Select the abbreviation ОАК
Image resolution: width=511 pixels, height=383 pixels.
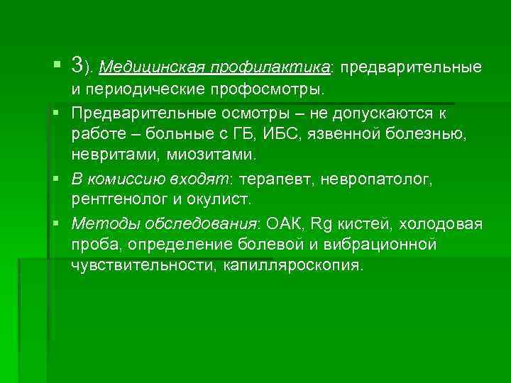click(283, 225)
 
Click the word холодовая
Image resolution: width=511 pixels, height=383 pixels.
click(441, 225)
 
